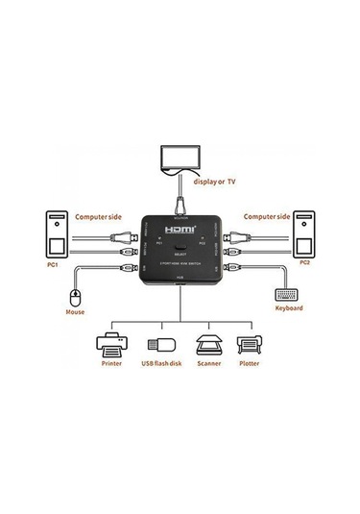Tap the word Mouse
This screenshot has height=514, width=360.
click(x=75, y=311)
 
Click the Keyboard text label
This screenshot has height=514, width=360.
click(x=288, y=307)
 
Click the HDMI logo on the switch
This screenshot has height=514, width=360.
click(x=180, y=231)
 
